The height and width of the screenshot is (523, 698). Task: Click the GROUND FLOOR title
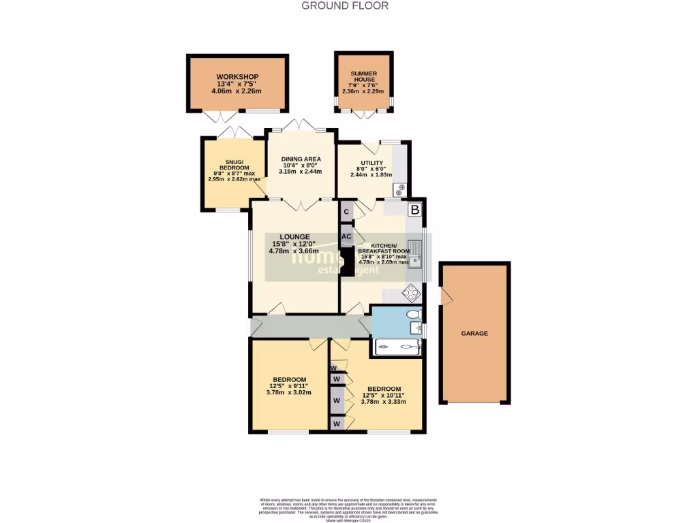coord(345,6)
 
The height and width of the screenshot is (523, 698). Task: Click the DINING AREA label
coord(301,159)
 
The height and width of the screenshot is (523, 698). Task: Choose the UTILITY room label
coord(371,162)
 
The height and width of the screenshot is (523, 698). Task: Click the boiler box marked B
coord(414,210)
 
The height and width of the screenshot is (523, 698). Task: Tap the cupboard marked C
coord(346,212)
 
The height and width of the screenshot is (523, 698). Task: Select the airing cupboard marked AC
coord(346,236)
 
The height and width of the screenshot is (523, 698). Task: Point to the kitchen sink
coord(415,255)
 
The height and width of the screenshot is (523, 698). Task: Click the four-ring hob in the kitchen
coord(412,294)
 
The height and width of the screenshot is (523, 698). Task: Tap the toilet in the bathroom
coord(412,314)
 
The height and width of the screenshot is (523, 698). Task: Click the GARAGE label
coord(474,333)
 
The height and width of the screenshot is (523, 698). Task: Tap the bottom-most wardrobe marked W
coord(336,424)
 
